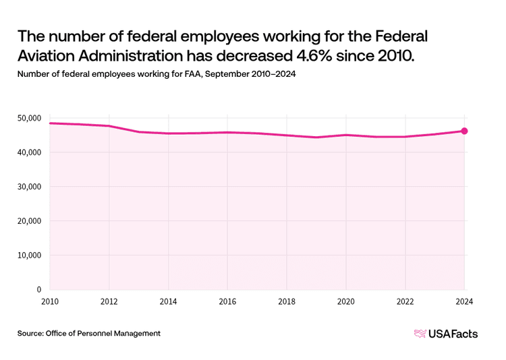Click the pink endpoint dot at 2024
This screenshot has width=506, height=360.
(464, 131)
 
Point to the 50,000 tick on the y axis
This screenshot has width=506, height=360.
(30, 118)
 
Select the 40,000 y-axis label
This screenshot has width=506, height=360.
(30, 152)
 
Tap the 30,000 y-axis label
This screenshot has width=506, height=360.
(30, 187)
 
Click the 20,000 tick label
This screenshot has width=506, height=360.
(30, 221)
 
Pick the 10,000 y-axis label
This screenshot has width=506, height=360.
(30, 255)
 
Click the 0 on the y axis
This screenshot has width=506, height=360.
(39, 289)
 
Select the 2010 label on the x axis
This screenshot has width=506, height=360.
(50, 301)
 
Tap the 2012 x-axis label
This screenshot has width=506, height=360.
(109, 301)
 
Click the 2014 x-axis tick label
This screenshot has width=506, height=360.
(169, 301)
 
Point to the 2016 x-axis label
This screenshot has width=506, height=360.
(227, 301)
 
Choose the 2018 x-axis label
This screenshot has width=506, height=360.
(287, 301)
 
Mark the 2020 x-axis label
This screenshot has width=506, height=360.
(346, 301)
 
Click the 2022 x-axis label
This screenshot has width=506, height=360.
(405, 301)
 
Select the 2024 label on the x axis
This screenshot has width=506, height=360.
(464, 301)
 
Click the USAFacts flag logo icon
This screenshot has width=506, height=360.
(420, 334)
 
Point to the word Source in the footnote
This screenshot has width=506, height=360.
(30, 333)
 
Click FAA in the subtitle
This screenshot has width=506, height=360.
(194, 74)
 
